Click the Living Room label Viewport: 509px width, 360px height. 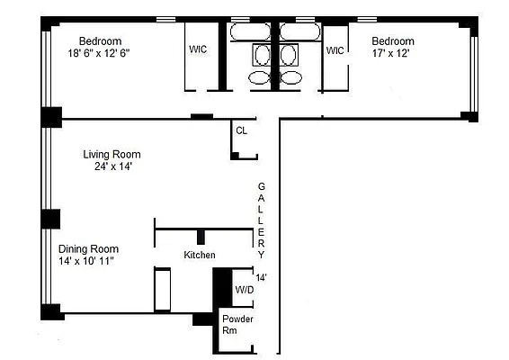click(x=112, y=154)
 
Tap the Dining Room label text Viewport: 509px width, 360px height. click(x=88, y=248)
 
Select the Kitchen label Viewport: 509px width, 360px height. click(x=200, y=256)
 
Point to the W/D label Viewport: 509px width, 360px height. click(x=244, y=290)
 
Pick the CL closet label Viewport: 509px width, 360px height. click(x=241, y=130)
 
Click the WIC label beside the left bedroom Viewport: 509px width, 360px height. click(x=198, y=49)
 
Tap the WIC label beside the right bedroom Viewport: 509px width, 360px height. click(x=335, y=49)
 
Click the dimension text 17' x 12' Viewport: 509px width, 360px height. click(x=392, y=53)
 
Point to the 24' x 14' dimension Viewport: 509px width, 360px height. click(x=112, y=166)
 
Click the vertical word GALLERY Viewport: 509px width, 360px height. click(x=262, y=213)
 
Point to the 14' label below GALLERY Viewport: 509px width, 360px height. click(x=262, y=277)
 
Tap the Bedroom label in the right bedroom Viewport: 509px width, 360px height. click(x=393, y=41)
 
